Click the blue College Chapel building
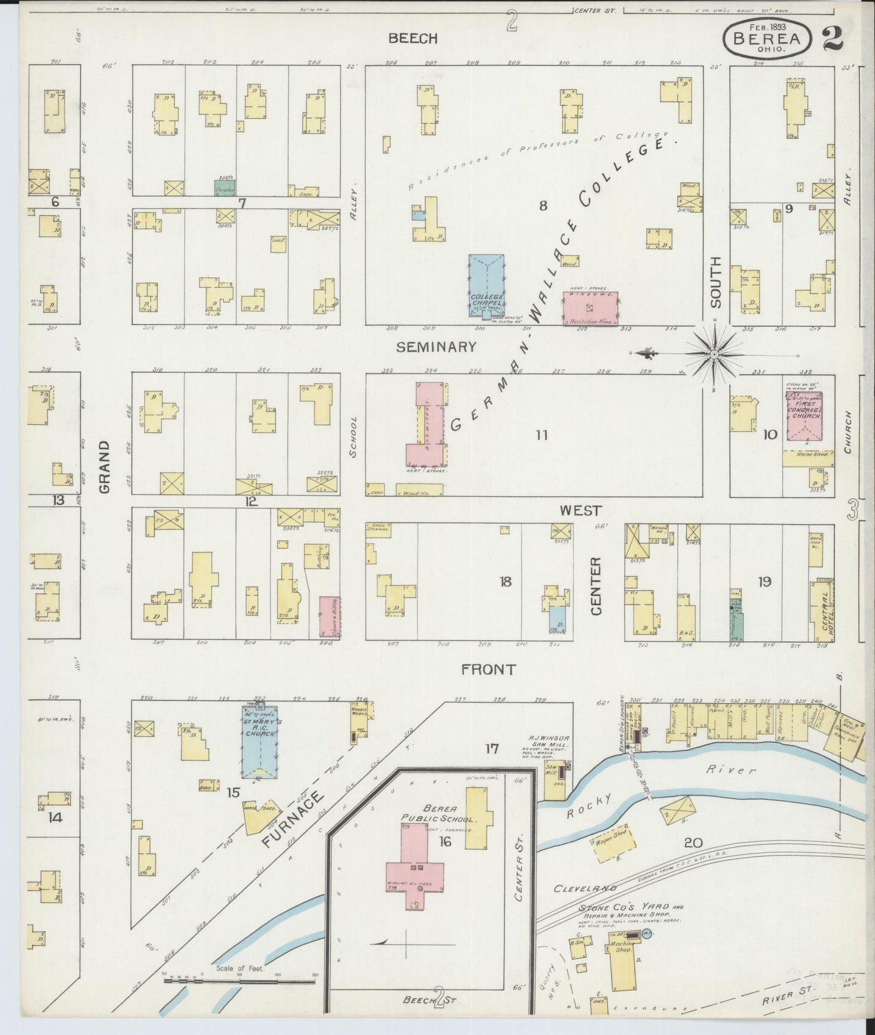click(x=486, y=284)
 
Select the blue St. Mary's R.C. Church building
click(x=261, y=742)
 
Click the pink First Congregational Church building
click(x=804, y=416)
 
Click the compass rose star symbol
click(x=715, y=353)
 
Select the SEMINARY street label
click(x=436, y=347)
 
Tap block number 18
click(x=505, y=582)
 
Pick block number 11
click(x=541, y=435)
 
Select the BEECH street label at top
click(x=413, y=39)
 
